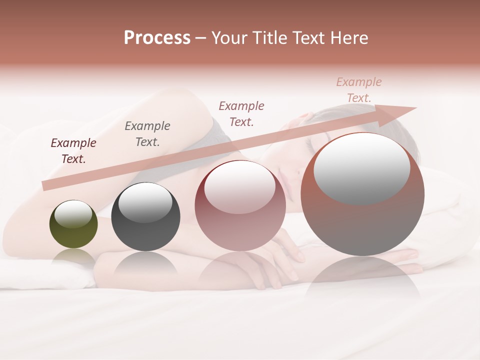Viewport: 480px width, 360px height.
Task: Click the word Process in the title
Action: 157,38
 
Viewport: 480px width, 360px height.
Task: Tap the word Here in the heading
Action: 347,38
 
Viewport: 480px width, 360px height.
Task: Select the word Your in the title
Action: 229,38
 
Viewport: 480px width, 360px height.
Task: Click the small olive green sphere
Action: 73,224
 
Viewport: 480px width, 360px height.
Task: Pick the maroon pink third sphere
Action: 240,205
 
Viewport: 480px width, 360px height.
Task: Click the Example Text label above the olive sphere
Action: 73,151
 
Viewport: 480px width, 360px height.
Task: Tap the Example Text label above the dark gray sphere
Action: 147,134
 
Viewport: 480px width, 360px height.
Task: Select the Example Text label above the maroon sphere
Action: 241,114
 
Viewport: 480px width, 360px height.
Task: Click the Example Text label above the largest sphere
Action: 359,90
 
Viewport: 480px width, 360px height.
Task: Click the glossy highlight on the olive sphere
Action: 73,214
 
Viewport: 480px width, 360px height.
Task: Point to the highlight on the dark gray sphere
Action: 145,201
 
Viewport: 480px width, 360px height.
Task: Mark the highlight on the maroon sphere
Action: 239,186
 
